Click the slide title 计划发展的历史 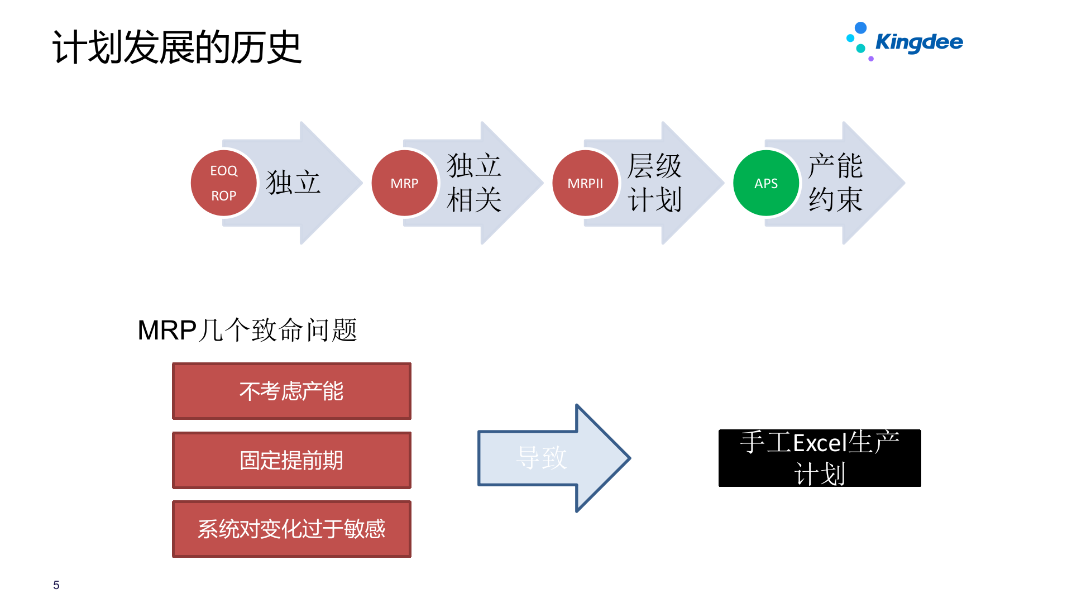[x=177, y=47]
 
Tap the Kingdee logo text [x=919, y=42]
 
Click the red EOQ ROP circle [x=223, y=183]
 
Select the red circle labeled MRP [x=404, y=183]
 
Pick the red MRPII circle [x=585, y=183]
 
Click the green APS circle [x=766, y=183]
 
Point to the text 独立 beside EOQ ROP [x=293, y=183]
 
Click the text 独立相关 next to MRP [x=474, y=183]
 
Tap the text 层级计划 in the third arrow [x=655, y=183]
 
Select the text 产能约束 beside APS [x=836, y=183]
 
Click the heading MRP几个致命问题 [x=247, y=330]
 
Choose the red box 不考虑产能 [x=291, y=391]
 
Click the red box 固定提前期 [x=291, y=460]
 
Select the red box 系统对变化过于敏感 [x=291, y=529]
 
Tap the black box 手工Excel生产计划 [x=820, y=458]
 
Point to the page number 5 [x=56, y=585]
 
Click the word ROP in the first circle [x=223, y=196]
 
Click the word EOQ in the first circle [x=223, y=171]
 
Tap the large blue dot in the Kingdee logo [x=861, y=28]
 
